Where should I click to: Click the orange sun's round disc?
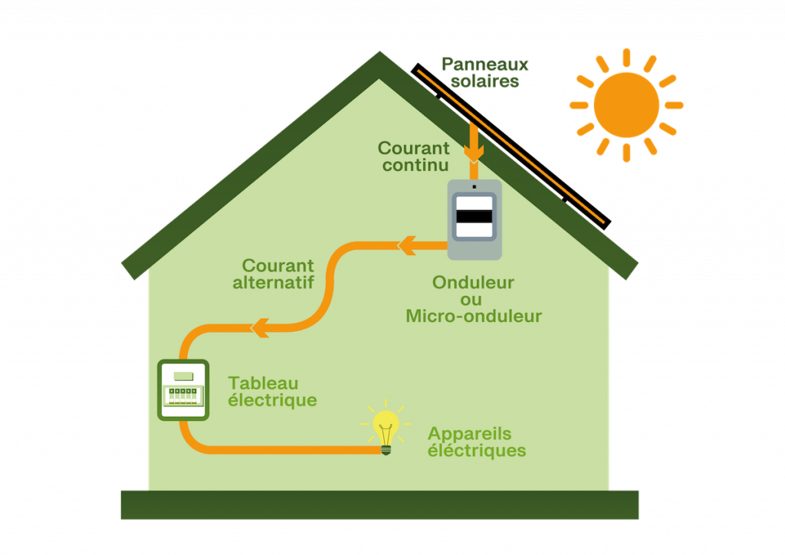(626, 105)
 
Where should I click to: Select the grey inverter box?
(475, 219)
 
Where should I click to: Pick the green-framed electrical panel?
(183, 389)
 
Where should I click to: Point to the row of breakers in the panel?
(183, 395)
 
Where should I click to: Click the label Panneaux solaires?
(484, 73)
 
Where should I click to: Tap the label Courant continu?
(414, 156)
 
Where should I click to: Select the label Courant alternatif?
(274, 274)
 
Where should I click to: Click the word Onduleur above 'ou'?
(473, 282)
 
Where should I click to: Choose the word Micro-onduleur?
(474, 316)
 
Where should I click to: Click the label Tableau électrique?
(272, 391)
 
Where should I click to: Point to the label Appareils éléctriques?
(476, 442)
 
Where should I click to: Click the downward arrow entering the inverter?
(474, 146)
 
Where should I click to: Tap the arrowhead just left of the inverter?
(406, 245)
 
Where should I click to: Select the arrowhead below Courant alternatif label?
(260, 327)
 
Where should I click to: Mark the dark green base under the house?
(379, 504)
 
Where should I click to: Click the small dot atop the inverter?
(474, 186)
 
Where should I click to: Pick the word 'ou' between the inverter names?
(472, 299)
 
